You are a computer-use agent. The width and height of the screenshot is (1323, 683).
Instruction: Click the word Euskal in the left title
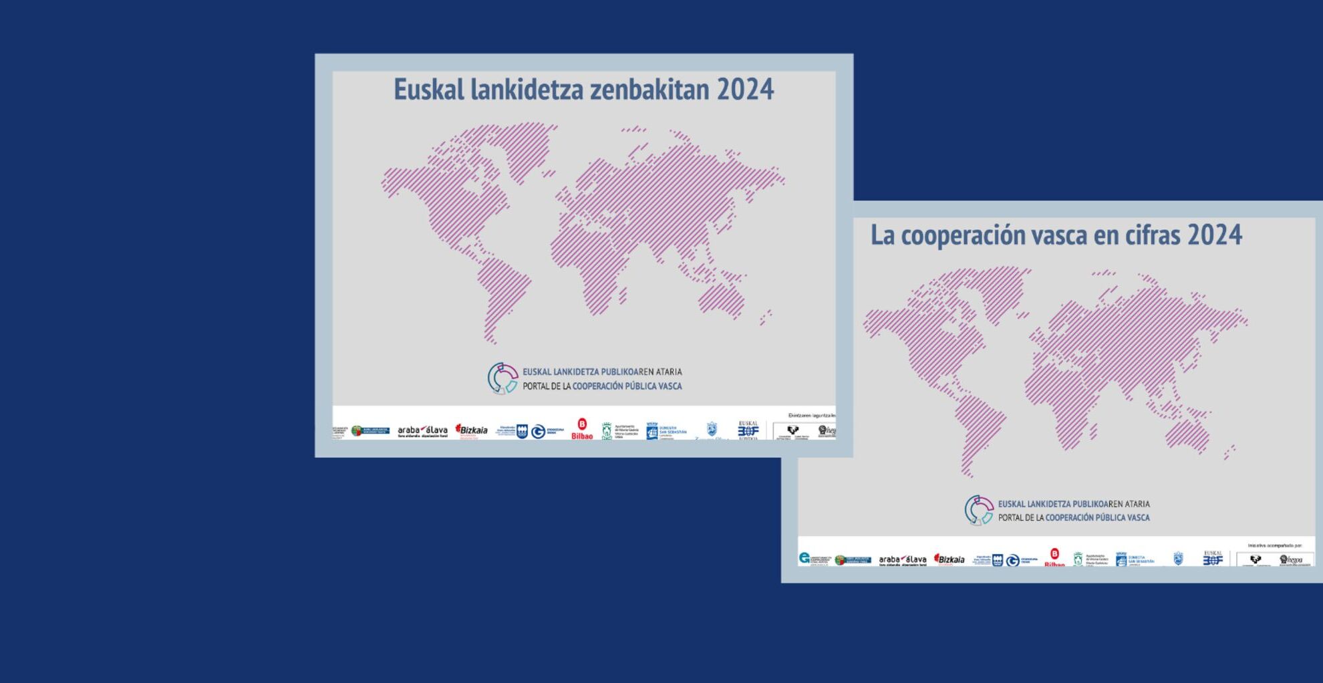[428, 90]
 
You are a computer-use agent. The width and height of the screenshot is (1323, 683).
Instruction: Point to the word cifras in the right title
[1153, 235]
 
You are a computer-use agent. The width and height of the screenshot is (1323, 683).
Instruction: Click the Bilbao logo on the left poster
[582, 429]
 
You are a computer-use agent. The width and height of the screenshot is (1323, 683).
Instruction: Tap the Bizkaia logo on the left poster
[472, 430]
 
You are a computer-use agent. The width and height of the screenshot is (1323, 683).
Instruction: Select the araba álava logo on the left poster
[422, 431]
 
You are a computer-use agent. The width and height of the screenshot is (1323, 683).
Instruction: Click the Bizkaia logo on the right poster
[949, 559]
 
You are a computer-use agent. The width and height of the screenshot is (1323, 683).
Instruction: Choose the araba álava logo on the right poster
[903, 560]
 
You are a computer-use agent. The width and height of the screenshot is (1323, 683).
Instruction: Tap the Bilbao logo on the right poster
[1054, 558]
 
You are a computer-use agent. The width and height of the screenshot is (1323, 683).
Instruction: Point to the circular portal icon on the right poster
[979, 510]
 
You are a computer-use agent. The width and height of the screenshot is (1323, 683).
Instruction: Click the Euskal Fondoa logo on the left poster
[748, 429]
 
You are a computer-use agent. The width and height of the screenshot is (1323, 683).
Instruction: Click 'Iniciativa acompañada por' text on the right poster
[1274, 546]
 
